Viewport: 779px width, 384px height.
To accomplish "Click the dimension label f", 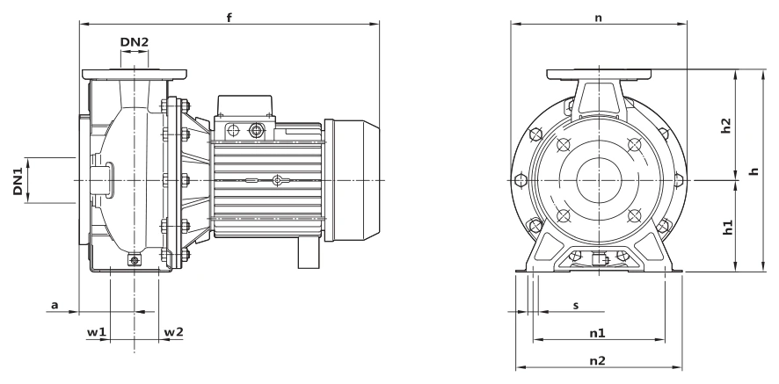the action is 229,18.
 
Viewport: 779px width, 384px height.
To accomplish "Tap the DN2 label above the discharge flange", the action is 135,42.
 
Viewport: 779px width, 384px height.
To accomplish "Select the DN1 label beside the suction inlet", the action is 18,181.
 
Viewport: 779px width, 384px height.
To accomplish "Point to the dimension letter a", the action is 55,305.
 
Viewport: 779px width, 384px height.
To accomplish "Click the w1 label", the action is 97,332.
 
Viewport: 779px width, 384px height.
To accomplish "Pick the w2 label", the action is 173,331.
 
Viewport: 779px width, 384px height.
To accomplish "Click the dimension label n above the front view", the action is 598,18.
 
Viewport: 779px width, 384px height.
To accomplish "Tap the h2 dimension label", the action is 726,126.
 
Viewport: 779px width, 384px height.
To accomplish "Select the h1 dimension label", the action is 727,227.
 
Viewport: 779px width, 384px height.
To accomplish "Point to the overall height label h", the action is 754,170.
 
